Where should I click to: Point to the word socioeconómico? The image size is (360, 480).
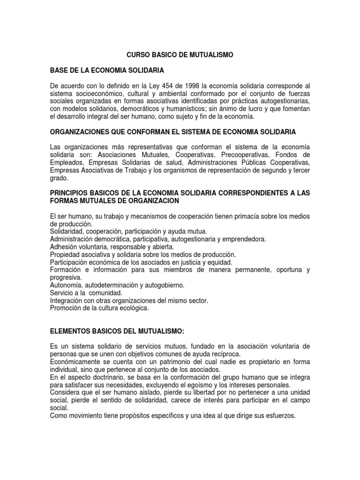coord(97,93)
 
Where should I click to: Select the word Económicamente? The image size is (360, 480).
coord(76,361)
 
